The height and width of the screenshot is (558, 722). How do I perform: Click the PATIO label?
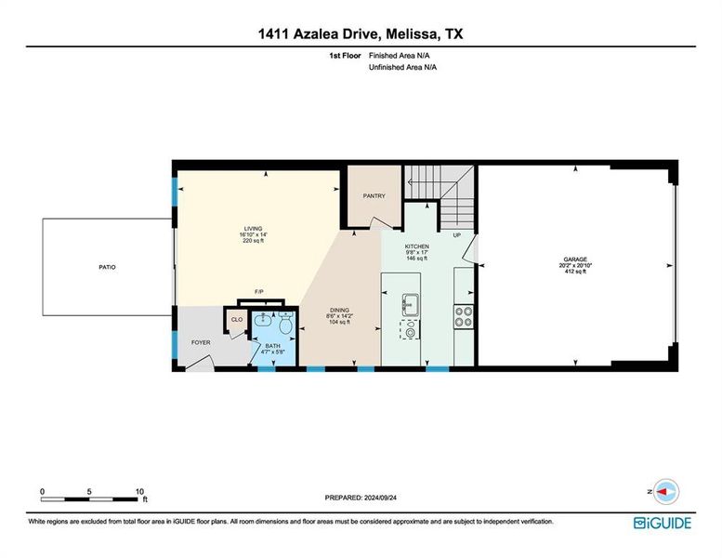pos(108,267)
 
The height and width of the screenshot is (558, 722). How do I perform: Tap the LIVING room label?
pos(253,228)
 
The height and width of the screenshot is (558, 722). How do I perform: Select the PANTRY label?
pos(374,196)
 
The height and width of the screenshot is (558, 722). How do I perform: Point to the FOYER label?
pos(201,342)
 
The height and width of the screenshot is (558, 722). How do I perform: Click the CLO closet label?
pos(236,320)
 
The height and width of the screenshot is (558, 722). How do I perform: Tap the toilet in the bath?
pos(285,325)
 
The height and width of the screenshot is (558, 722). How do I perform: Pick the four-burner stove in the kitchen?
pos(465,318)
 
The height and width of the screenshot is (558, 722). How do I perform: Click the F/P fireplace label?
pos(259,292)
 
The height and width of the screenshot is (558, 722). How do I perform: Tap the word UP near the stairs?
pos(456,235)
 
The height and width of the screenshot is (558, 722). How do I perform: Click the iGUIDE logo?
pos(663,523)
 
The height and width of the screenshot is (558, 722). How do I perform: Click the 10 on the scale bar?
pos(139,491)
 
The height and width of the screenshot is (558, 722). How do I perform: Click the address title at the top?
pos(361,33)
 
